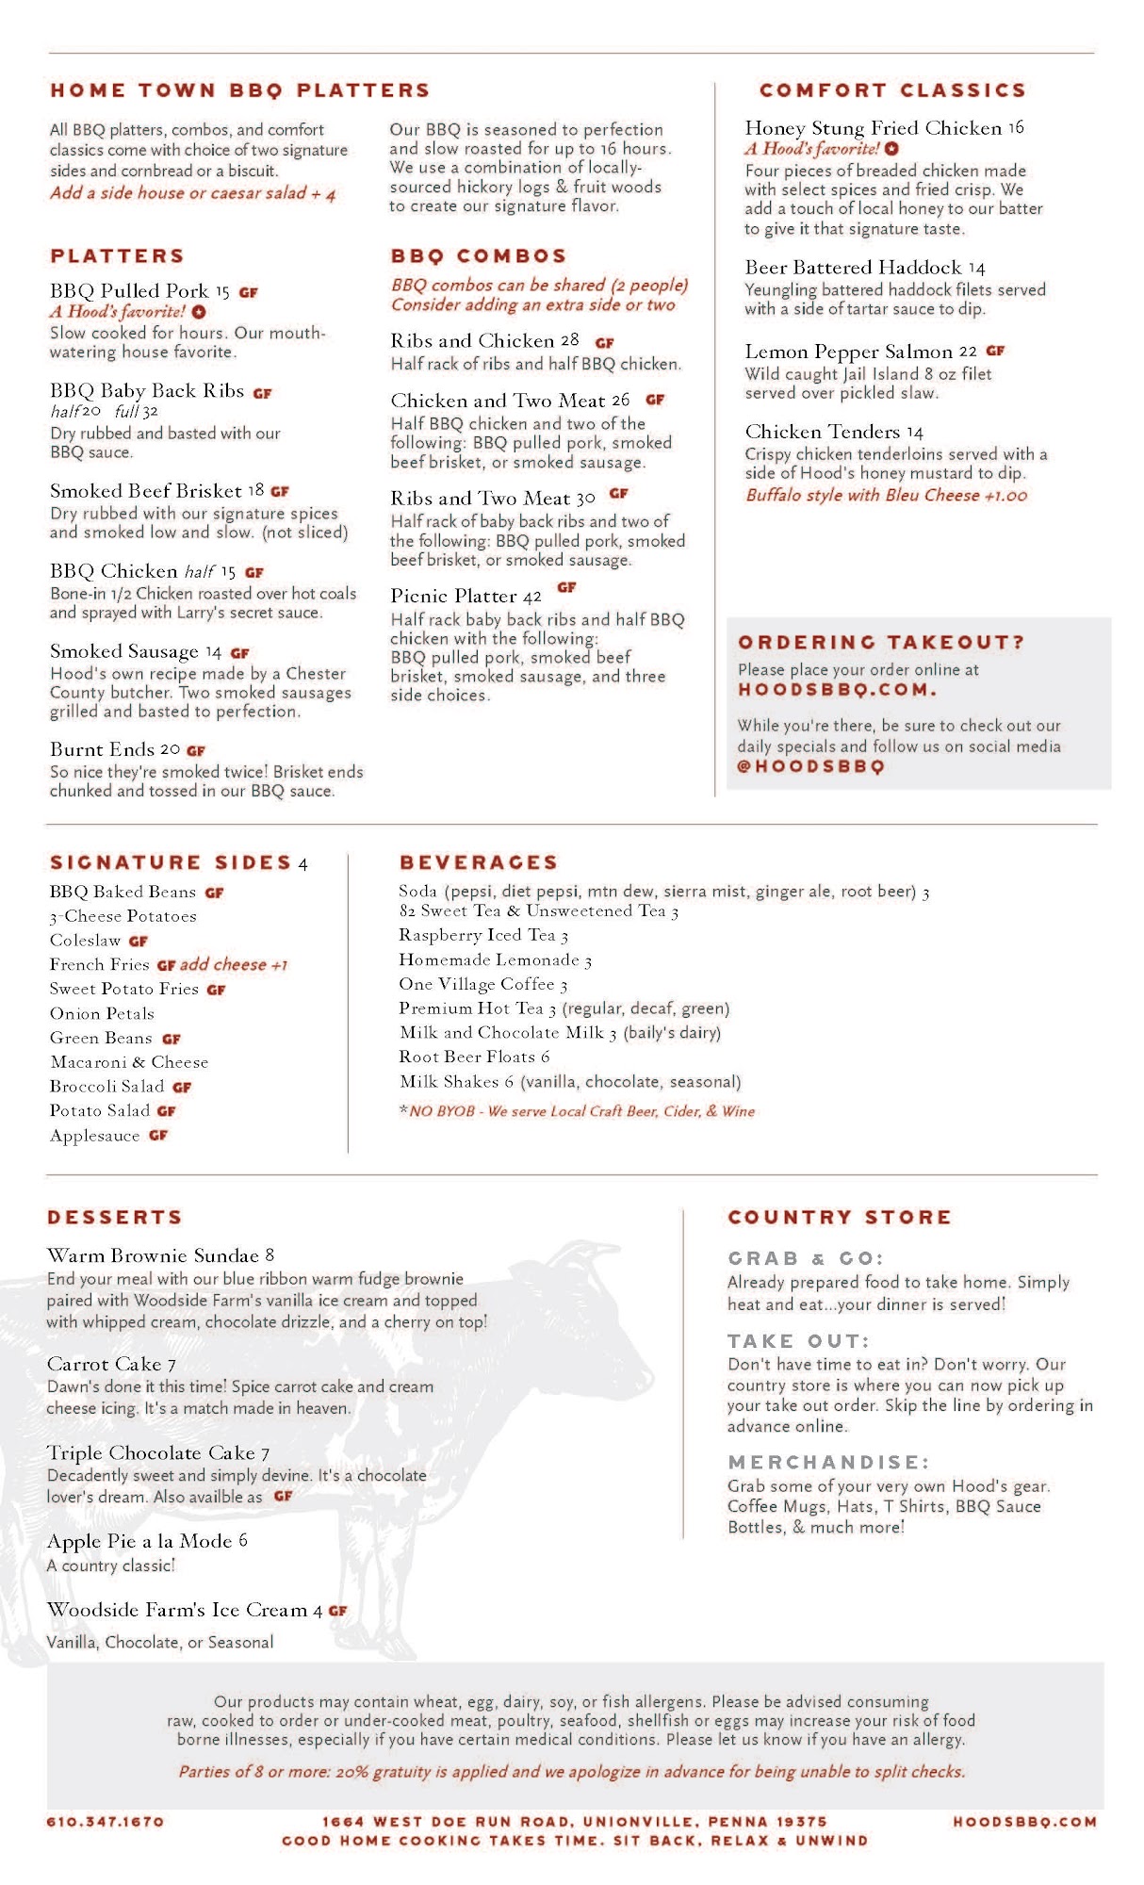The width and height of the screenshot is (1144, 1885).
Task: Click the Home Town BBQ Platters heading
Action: (x=239, y=90)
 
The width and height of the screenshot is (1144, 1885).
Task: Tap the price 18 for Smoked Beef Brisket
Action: (x=256, y=490)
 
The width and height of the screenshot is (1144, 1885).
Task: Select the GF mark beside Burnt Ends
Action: (x=196, y=751)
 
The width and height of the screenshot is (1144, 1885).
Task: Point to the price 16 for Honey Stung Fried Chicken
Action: (x=1015, y=127)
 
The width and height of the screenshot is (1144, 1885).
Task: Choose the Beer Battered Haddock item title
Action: (x=853, y=268)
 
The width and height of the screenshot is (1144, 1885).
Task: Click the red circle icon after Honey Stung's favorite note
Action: (x=891, y=149)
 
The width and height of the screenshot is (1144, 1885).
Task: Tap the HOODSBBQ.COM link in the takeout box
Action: (x=837, y=690)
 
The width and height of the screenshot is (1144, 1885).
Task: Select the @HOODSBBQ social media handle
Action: (x=810, y=767)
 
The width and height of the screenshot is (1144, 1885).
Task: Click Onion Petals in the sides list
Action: (x=102, y=1014)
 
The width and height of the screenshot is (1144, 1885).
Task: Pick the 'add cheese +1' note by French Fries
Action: (x=234, y=965)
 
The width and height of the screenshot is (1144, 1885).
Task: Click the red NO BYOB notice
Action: (x=577, y=1111)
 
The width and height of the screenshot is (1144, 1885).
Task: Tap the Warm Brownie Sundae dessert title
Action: (x=153, y=1255)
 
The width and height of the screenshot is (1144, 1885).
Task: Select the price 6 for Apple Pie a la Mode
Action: (x=243, y=1540)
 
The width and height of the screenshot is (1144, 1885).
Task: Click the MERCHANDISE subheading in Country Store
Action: (x=828, y=1463)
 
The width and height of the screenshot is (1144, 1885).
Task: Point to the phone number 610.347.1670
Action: (x=106, y=1822)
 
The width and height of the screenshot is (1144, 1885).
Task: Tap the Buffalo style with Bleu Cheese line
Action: (x=886, y=496)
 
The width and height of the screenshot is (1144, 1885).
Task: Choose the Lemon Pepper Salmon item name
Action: (x=848, y=352)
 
